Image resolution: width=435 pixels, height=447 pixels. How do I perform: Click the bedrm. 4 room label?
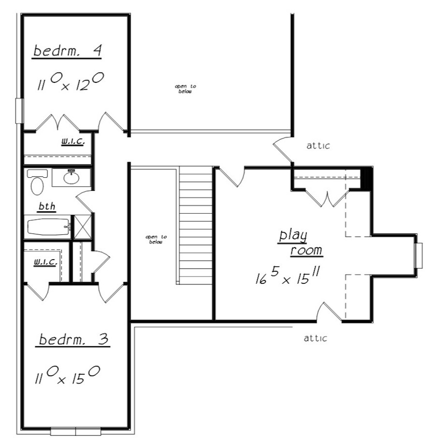click(x=67, y=51)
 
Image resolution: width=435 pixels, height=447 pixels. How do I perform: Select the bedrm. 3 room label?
click(x=73, y=340)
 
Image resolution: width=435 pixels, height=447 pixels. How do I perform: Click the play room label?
click(x=300, y=243)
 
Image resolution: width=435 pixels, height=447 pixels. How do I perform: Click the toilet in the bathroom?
click(x=36, y=182)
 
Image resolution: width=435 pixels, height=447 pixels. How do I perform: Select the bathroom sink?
click(x=72, y=177)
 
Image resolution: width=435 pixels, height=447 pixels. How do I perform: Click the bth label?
click(x=47, y=207)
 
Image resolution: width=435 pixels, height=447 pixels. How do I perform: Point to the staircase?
click(x=196, y=226)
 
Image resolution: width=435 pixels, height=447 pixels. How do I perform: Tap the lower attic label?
click(x=315, y=338)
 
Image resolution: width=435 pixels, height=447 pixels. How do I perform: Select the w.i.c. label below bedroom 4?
click(x=73, y=142)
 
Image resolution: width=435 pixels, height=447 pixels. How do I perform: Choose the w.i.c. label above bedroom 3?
click(x=46, y=262)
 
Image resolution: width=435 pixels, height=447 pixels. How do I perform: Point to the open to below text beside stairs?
click(x=156, y=239)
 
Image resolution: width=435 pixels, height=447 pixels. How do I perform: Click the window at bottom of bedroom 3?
click(x=75, y=431)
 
